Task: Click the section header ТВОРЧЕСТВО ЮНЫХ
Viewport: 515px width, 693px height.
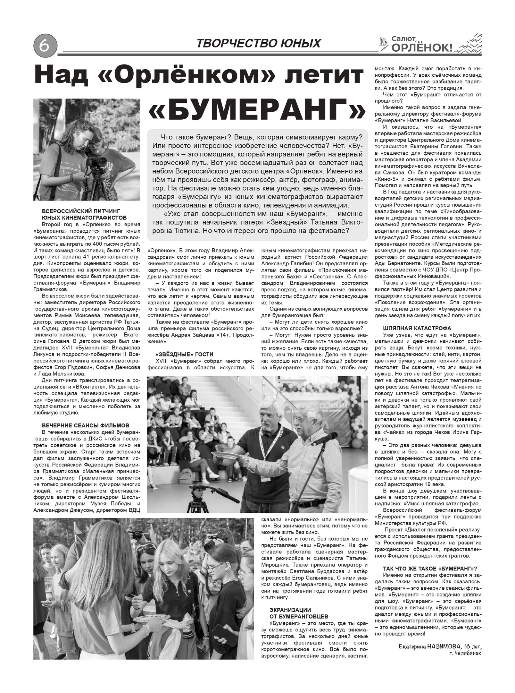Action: pyautogui.click(x=258, y=43)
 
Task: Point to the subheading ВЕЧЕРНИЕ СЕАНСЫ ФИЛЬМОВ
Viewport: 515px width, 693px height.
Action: pyautogui.click(x=86, y=425)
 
